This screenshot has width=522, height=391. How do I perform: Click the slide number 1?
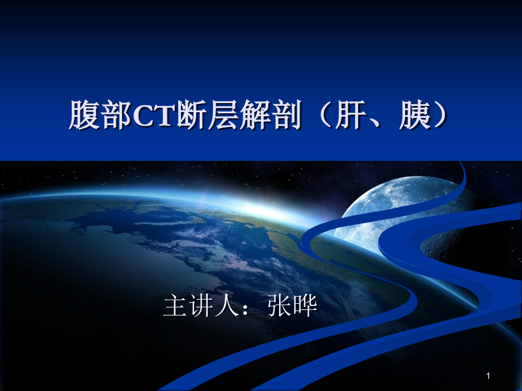pyautogui.click(x=488, y=376)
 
